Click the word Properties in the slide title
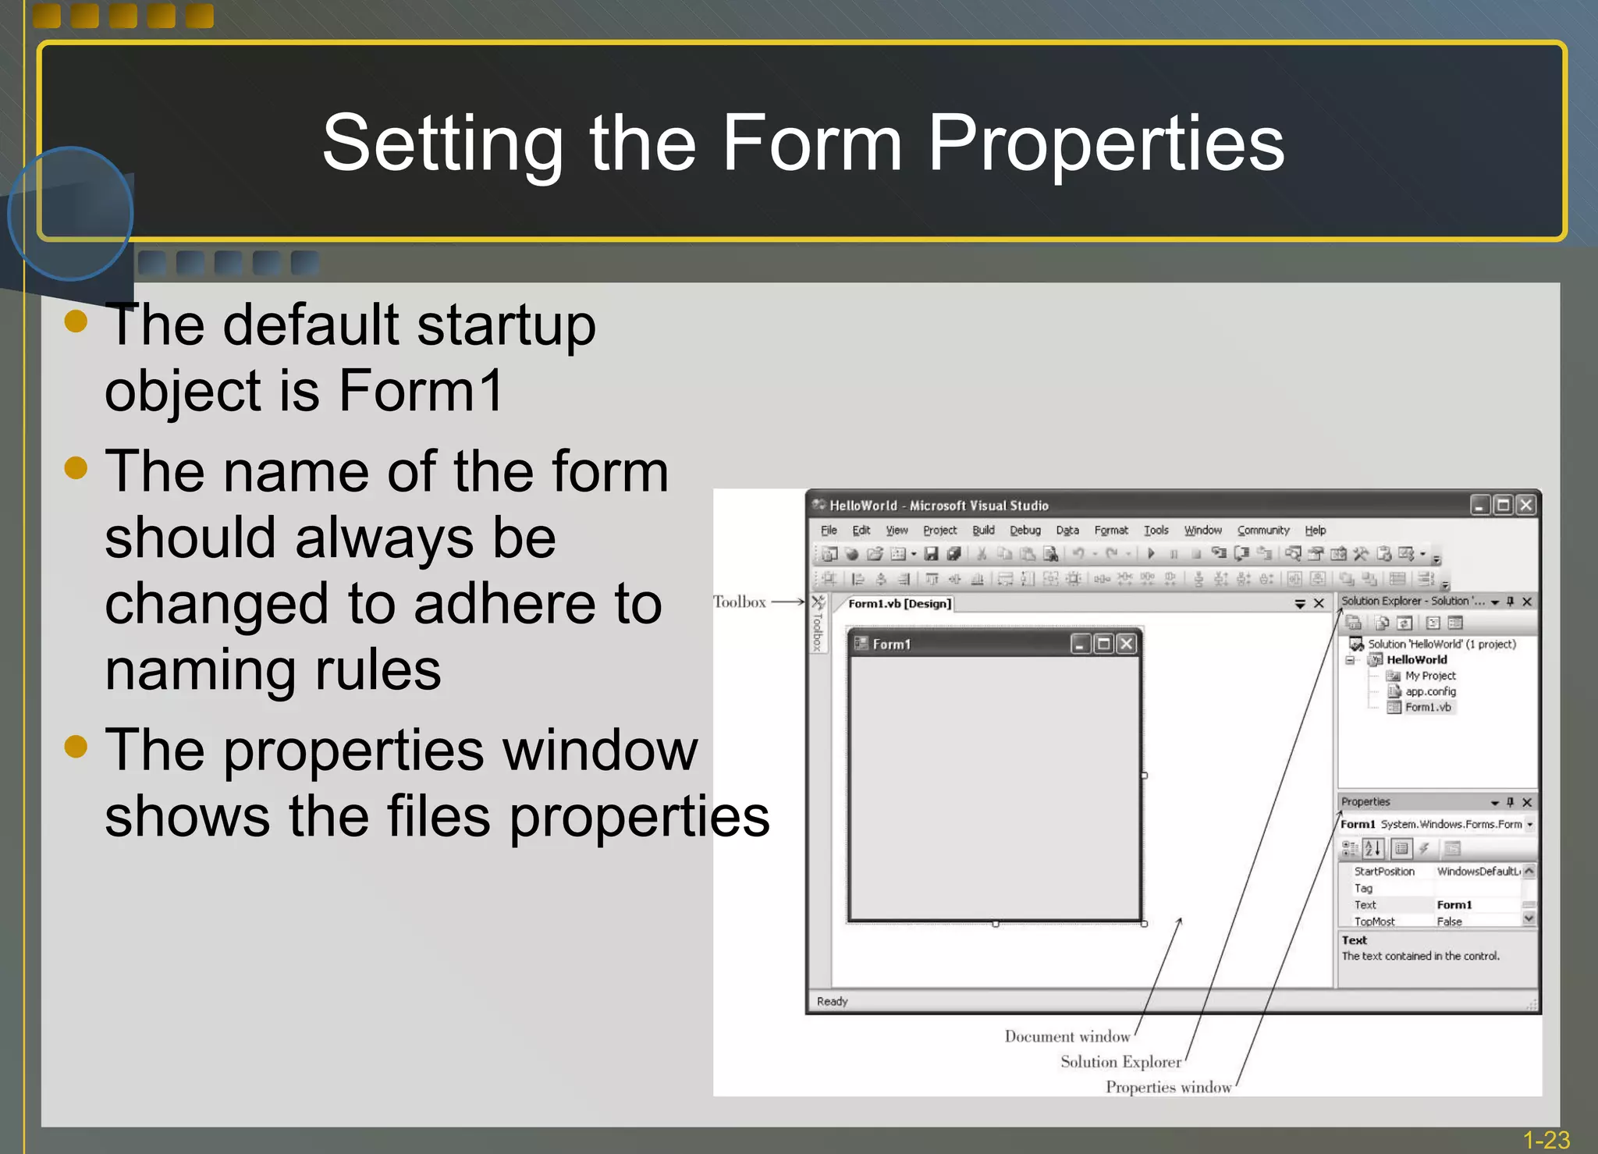point(1105,144)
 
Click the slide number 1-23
point(1546,1140)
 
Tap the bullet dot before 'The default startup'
point(76,321)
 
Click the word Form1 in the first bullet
point(421,391)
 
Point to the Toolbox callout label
point(740,602)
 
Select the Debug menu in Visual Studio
point(1024,531)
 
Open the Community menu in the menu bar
point(1262,531)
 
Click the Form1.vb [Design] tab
point(899,604)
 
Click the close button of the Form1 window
point(1126,644)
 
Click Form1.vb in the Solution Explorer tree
point(1427,708)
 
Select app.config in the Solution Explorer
point(1429,691)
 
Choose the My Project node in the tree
point(1429,676)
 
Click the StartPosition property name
point(1383,872)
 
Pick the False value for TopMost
point(1449,921)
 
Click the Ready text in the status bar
point(832,1001)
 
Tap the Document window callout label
point(1067,1037)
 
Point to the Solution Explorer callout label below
point(1120,1062)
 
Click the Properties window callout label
point(1168,1088)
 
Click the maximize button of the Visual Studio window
point(1502,506)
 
